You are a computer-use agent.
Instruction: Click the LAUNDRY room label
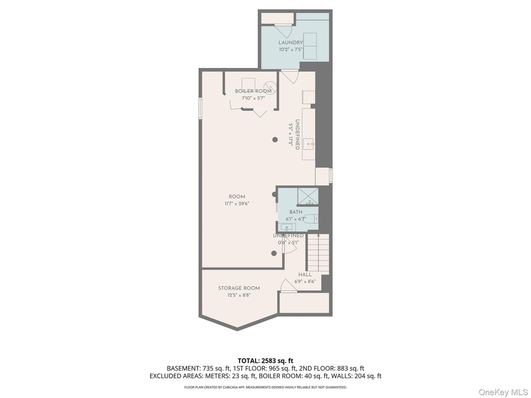click(290, 42)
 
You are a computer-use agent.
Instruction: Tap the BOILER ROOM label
click(253, 91)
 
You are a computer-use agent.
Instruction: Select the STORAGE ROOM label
click(239, 288)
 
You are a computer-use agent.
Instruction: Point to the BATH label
click(296, 212)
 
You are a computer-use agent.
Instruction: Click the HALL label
click(305, 275)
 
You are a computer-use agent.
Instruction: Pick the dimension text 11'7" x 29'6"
click(236, 203)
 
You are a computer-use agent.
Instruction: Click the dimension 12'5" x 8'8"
click(239, 295)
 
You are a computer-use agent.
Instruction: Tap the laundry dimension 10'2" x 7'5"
click(290, 49)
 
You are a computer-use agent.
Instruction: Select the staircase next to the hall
click(318, 252)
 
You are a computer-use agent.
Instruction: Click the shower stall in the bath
click(308, 196)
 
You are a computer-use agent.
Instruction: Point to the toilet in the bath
click(310, 219)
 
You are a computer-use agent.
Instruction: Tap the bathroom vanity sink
click(287, 227)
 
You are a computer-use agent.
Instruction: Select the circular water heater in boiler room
click(271, 87)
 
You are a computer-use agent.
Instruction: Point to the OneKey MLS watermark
click(503, 392)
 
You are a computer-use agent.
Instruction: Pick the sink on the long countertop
click(309, 144)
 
